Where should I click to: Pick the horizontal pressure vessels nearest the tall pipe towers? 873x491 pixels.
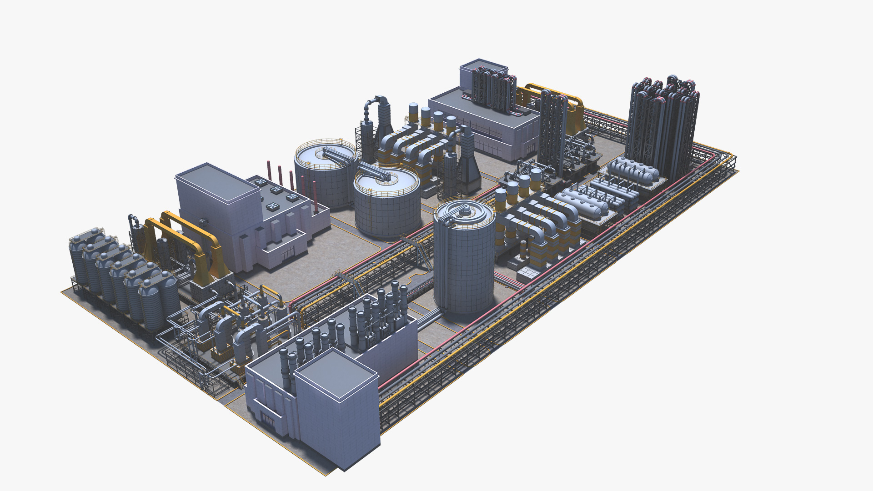point(634,170)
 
